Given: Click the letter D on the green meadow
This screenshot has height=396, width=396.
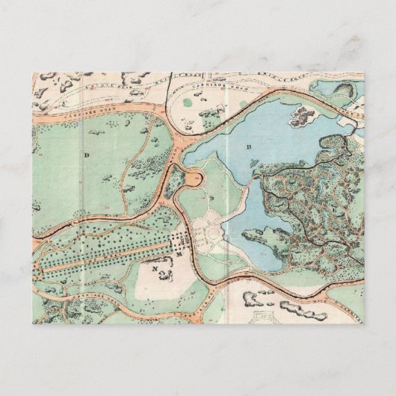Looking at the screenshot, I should (x=87, y=155).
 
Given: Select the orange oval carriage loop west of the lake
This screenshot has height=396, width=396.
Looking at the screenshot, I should (x=193, y=177).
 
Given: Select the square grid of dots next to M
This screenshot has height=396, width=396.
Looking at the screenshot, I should (x=180, y=241).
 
